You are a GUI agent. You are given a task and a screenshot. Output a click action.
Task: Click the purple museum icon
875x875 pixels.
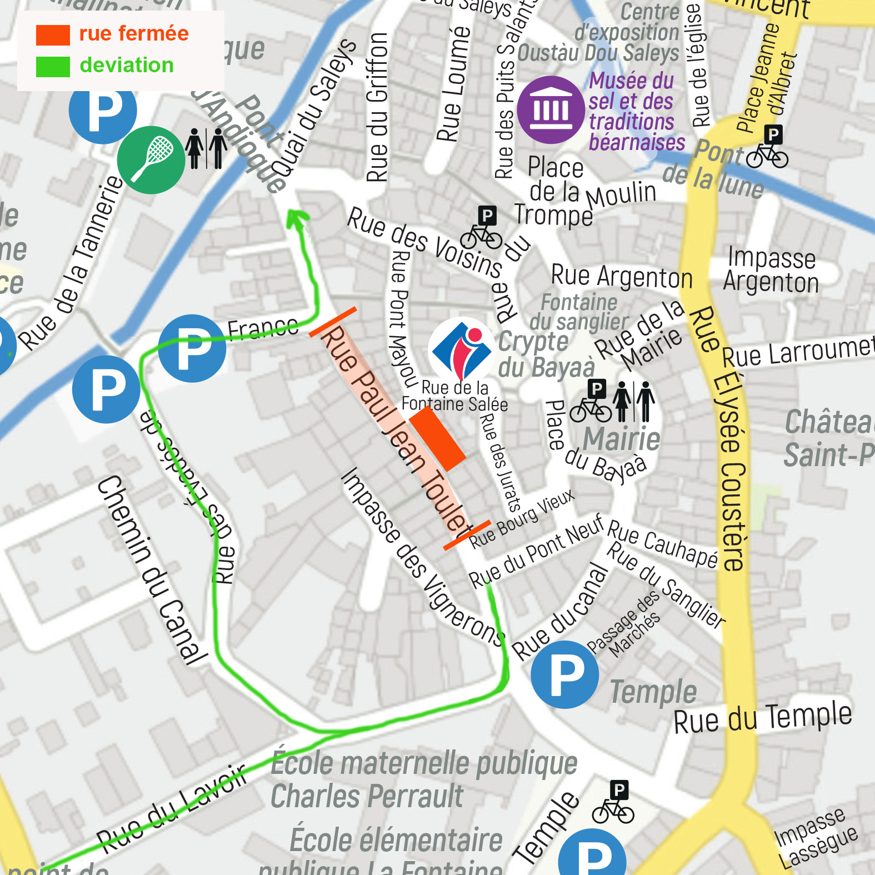551,109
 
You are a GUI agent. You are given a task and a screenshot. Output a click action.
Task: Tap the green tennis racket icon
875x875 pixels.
151,160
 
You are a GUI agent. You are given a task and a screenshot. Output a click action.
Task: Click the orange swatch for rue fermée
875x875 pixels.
53,35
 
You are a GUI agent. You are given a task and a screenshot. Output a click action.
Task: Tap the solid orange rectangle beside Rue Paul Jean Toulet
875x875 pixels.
437,438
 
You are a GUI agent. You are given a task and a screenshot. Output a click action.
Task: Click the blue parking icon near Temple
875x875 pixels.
564,674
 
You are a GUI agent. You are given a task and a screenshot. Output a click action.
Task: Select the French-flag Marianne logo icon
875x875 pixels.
461,349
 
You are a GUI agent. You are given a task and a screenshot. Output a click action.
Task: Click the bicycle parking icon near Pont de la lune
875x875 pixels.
768,147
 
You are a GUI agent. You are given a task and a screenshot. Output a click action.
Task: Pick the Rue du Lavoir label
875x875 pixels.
171,808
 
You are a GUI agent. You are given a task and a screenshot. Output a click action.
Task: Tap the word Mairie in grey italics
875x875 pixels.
622,439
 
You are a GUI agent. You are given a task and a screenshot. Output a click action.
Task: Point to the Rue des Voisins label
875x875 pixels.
425,242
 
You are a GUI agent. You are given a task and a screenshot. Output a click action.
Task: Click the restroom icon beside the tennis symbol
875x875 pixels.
206,148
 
